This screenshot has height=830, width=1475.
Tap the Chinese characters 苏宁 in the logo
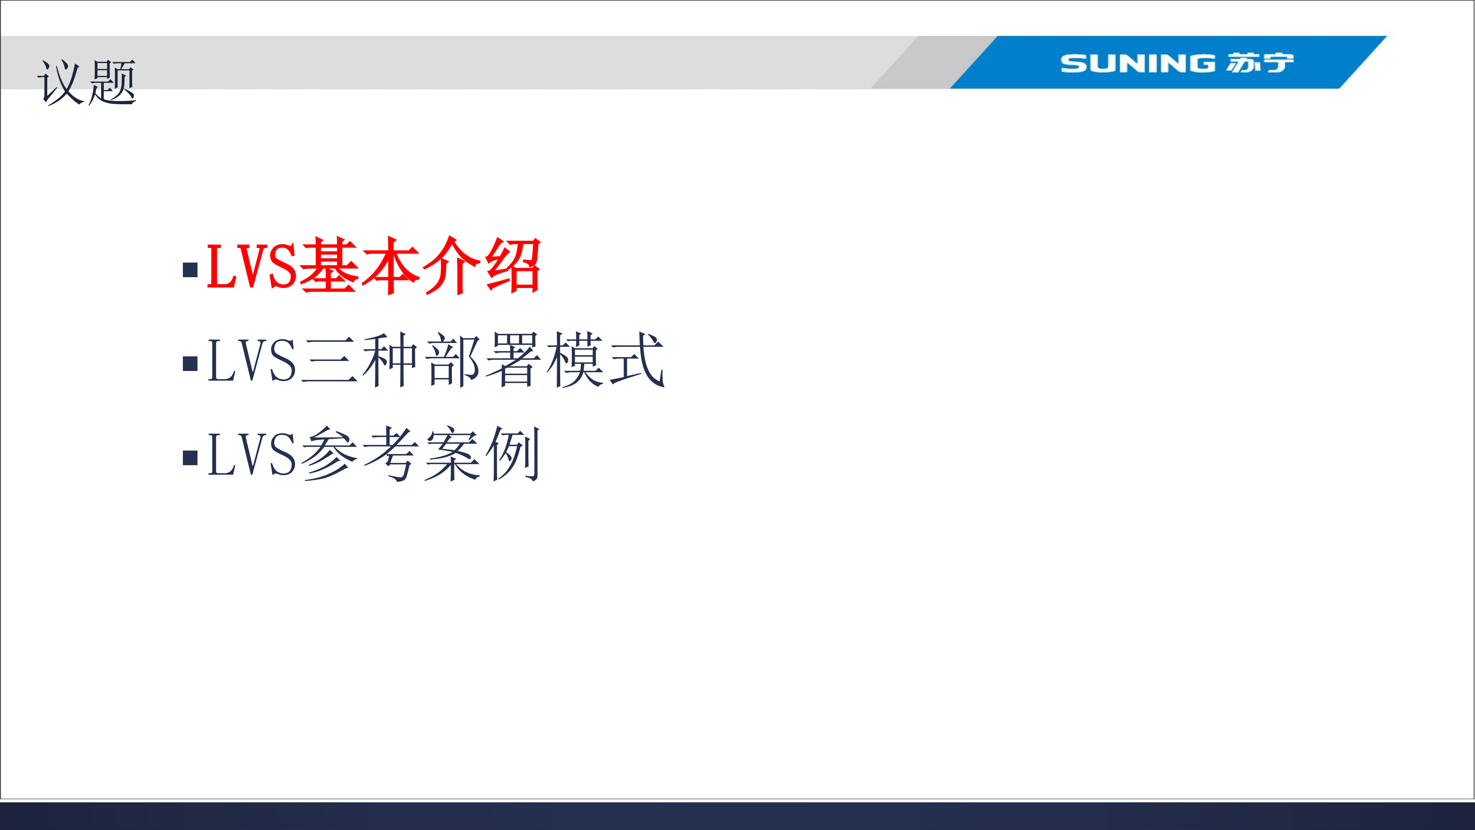coord(1260,63)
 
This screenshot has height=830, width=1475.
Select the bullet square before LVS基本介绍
coord(190,269)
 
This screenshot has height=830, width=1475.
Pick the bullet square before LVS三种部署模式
coord(190,363)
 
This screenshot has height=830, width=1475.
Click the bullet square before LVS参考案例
coord(190,457)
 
